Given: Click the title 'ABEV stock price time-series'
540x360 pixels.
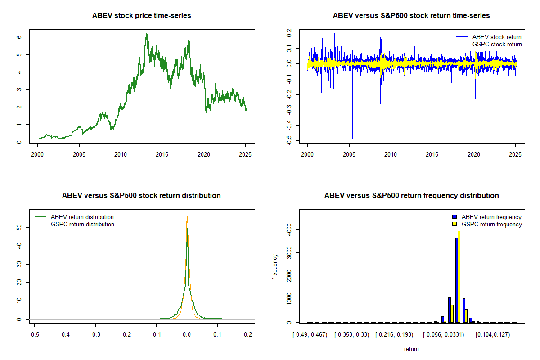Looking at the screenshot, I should click(x=141, y=16).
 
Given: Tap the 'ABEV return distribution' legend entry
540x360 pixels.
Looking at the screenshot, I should click(x=82, y=217).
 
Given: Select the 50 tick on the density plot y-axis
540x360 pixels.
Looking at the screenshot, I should click(x=19, y=228).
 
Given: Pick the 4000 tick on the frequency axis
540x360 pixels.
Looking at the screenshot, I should click(x=289, y=230).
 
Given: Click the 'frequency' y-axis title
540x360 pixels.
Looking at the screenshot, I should click(x=275, y=266).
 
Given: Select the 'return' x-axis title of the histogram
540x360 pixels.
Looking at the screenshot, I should click(x=411, y=349).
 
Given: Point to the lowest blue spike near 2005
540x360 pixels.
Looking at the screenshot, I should click(x=353, y=137).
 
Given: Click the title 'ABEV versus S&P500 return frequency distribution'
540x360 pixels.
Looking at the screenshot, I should click(x=411, y=196).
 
